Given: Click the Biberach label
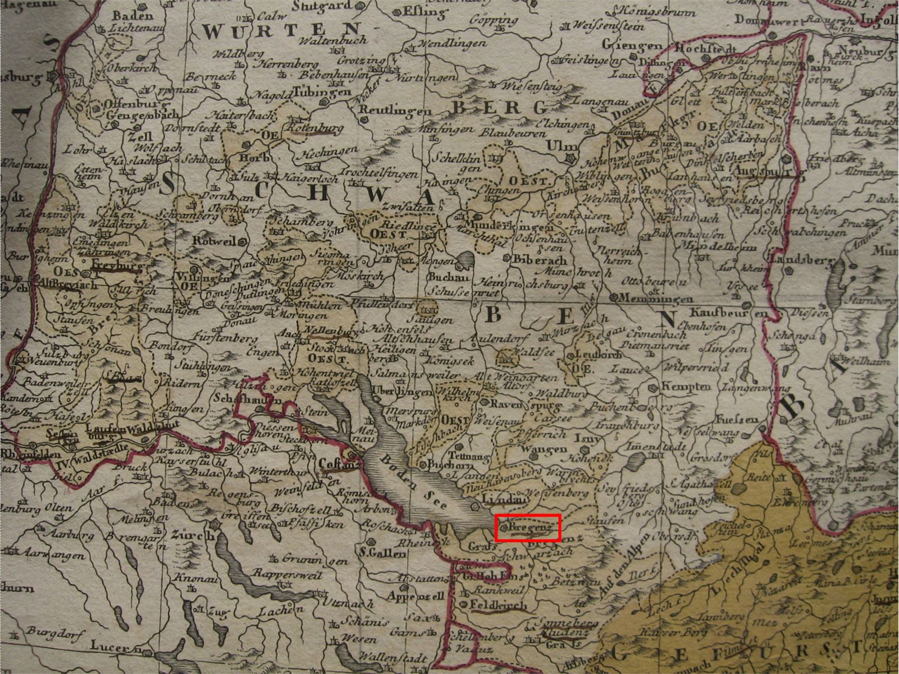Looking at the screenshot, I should (540, 261).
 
